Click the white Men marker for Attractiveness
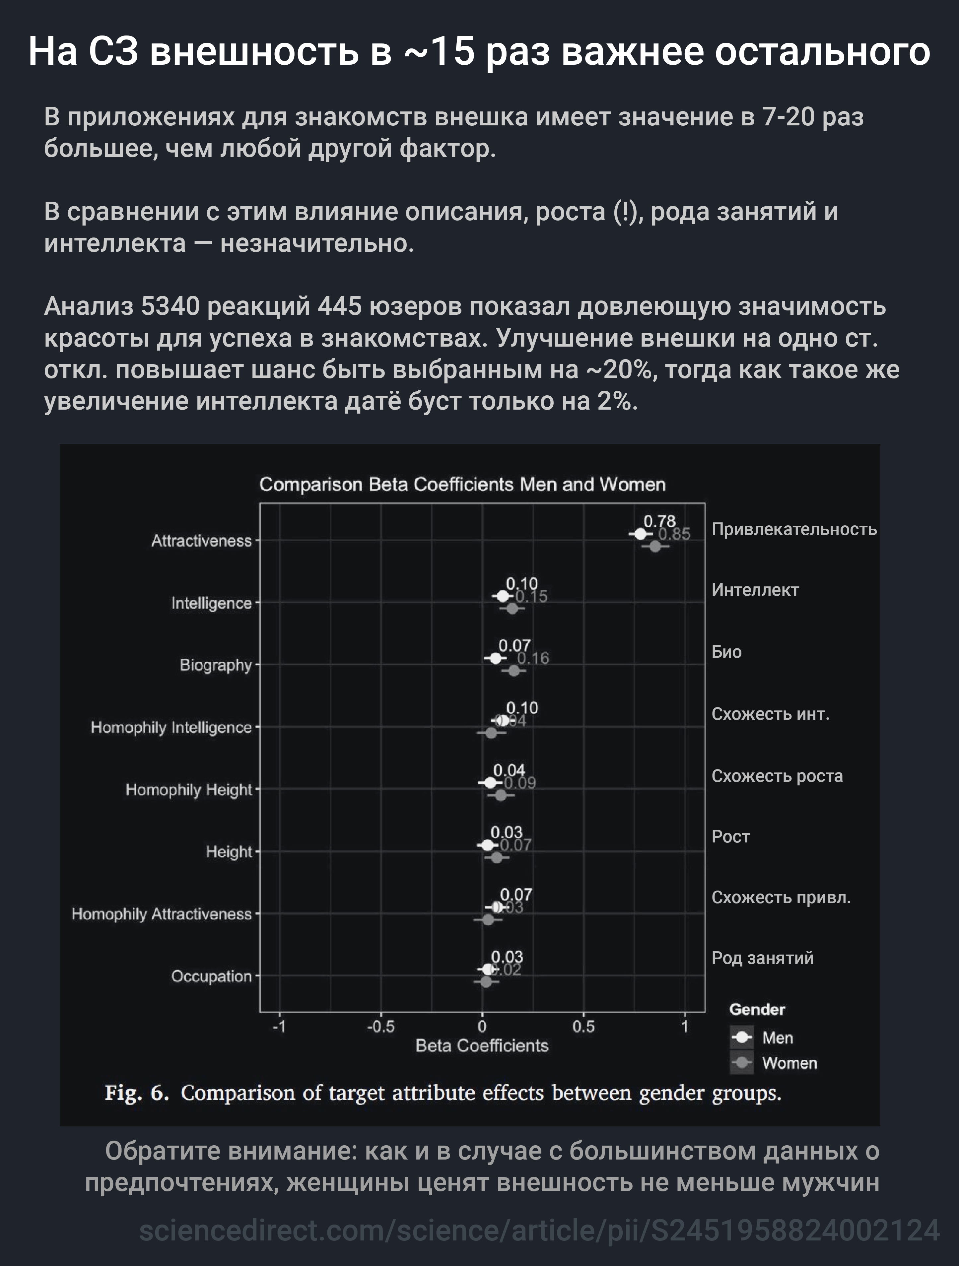pos(640,534)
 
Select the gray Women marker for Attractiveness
pos(655,547)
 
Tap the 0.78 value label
pos(659,521)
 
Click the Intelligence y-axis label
pos(211,603)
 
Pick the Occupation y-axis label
pos(211,976)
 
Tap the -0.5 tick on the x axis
pos(381,1027)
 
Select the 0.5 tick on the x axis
pos(583,1027)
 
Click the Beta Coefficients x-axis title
pos(482,1046)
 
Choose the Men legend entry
pos(777,1037)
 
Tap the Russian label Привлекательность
pos(793,529)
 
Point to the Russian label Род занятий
pos(762,958)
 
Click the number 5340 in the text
pos(170,307)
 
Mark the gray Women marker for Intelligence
pos(512,608)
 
